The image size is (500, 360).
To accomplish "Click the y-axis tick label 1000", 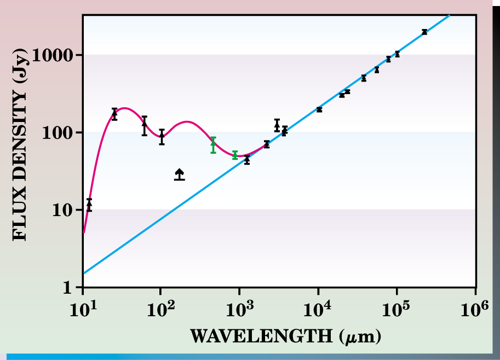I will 55,55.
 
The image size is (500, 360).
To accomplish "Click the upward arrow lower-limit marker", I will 179,175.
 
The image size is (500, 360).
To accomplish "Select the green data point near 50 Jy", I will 235,155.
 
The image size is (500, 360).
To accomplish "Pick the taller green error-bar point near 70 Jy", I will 213,145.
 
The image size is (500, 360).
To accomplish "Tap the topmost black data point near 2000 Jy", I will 424,32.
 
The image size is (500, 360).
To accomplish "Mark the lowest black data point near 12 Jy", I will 89,205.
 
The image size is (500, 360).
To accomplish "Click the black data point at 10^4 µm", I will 319,109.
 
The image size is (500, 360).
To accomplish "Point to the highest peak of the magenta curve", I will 125,108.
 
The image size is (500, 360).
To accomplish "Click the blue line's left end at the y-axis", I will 84,273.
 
